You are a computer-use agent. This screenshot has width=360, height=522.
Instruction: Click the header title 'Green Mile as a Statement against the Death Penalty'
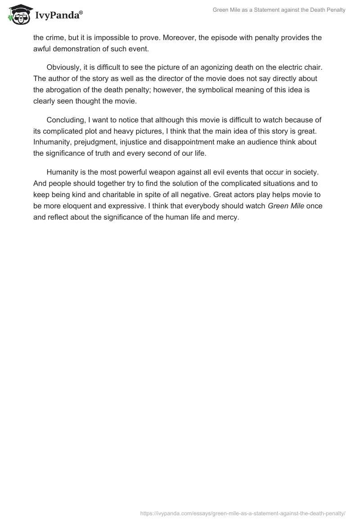click(x=279, y=10)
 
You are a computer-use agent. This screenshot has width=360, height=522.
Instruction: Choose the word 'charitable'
click(x=127, y=194)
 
